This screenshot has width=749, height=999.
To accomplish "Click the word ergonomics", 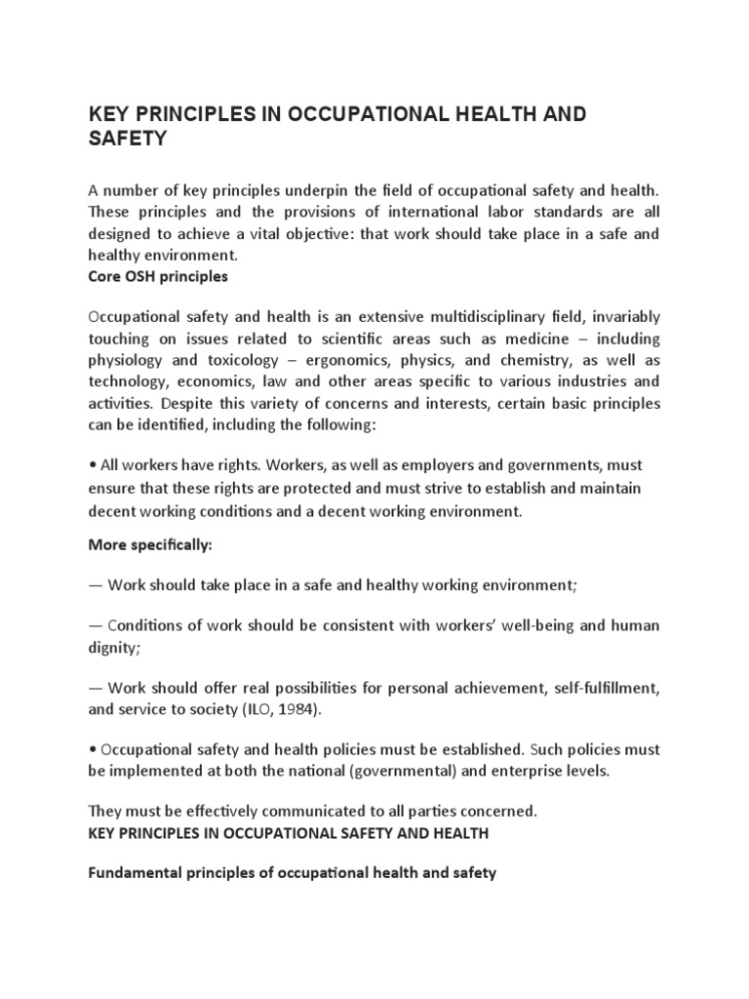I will pyautogui.click(x=332, y=360).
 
